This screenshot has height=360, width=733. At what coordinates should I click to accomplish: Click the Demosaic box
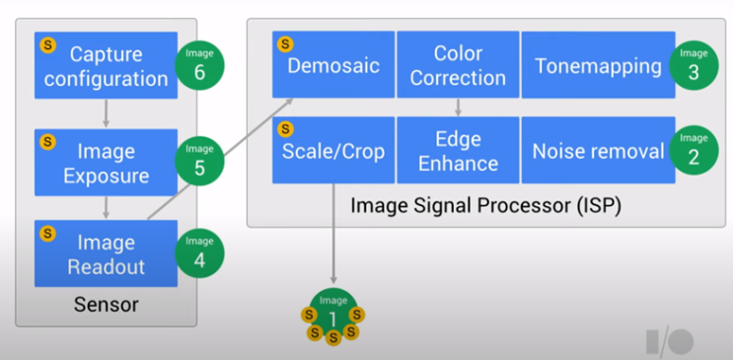point(332,65)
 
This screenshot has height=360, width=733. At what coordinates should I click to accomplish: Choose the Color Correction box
point(458,65)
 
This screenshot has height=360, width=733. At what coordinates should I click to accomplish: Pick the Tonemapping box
point(598,65)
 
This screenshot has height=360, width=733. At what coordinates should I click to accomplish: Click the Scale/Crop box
point(332,150)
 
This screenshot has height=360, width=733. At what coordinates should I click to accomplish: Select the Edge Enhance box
point(458,150)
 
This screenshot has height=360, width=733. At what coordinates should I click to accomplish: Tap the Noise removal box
point(598,150)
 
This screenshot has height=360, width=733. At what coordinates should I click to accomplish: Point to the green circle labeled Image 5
point(199,161)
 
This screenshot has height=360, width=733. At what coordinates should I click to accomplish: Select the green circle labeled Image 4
point(199,253)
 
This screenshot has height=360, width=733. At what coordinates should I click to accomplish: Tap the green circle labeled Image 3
point(694,65)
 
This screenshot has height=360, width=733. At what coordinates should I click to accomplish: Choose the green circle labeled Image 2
point(694,150)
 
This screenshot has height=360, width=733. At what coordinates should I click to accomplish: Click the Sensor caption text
point(106,305)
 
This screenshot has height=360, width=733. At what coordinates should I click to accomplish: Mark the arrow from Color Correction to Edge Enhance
point(458,107)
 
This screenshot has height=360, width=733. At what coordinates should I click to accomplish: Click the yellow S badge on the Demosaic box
point(286,44)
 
